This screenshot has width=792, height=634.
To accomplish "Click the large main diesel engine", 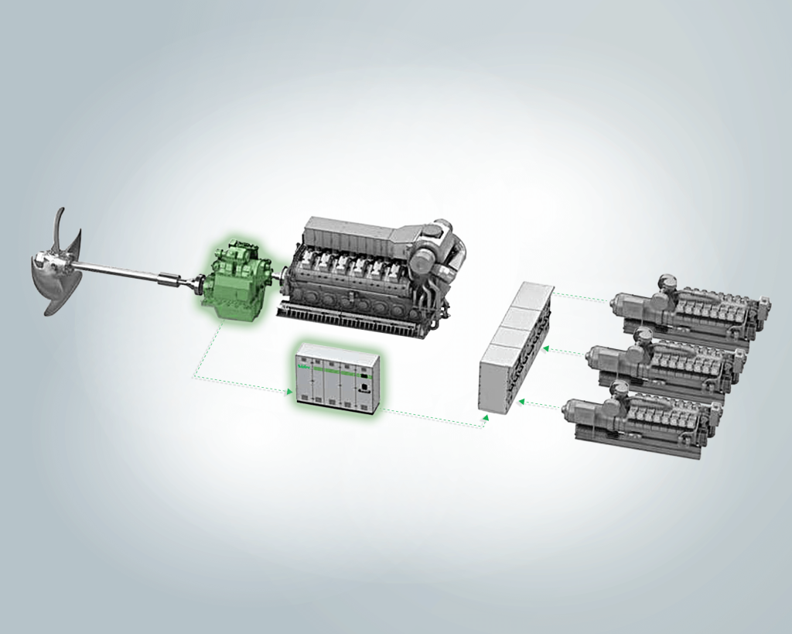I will pyautogui.click(x=364, y=271).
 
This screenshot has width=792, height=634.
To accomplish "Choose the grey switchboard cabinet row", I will pyautogui.click(x=514, y=348).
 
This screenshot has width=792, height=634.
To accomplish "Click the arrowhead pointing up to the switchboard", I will pyautogui.click(x=486, y=417).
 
